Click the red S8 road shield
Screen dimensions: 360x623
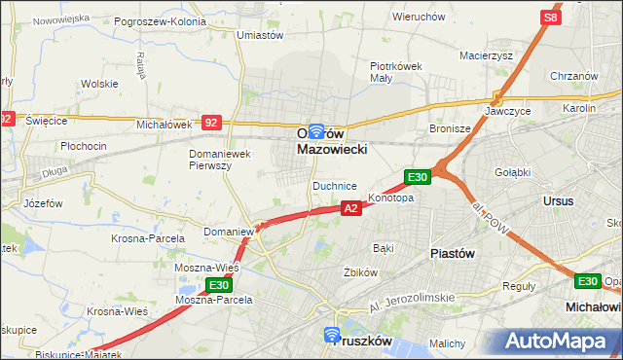[552, 18]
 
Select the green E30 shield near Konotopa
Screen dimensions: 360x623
[418, 176]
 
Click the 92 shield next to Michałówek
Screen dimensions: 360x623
[211, 123]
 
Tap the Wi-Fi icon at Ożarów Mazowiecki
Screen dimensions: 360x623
[316, 128]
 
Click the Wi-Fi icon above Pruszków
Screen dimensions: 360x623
[332, 336]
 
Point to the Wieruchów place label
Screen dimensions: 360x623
[419, 17]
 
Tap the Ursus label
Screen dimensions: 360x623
[561, 200]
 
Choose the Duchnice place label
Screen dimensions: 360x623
[334, 185]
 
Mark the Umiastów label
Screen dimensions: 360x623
[260, 34]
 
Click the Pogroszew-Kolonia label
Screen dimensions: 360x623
[160, 20]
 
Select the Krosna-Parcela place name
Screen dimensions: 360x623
[148, 238]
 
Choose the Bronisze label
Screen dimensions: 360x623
[451, 127]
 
